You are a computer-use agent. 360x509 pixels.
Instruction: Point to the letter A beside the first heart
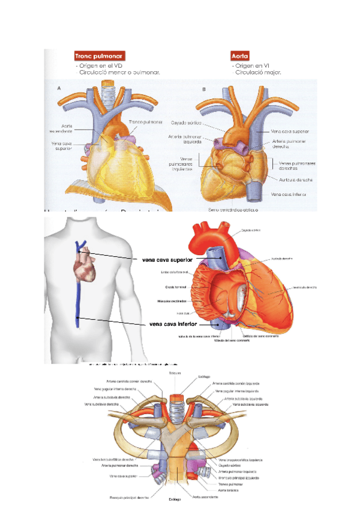[58, 88]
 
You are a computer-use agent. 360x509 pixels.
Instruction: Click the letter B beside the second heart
[204, 88]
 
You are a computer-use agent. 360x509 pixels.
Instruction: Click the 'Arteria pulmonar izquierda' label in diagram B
[184, 139]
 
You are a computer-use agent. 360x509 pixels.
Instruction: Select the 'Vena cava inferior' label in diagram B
[290, 194]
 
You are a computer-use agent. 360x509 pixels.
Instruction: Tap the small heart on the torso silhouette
[84, 269]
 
